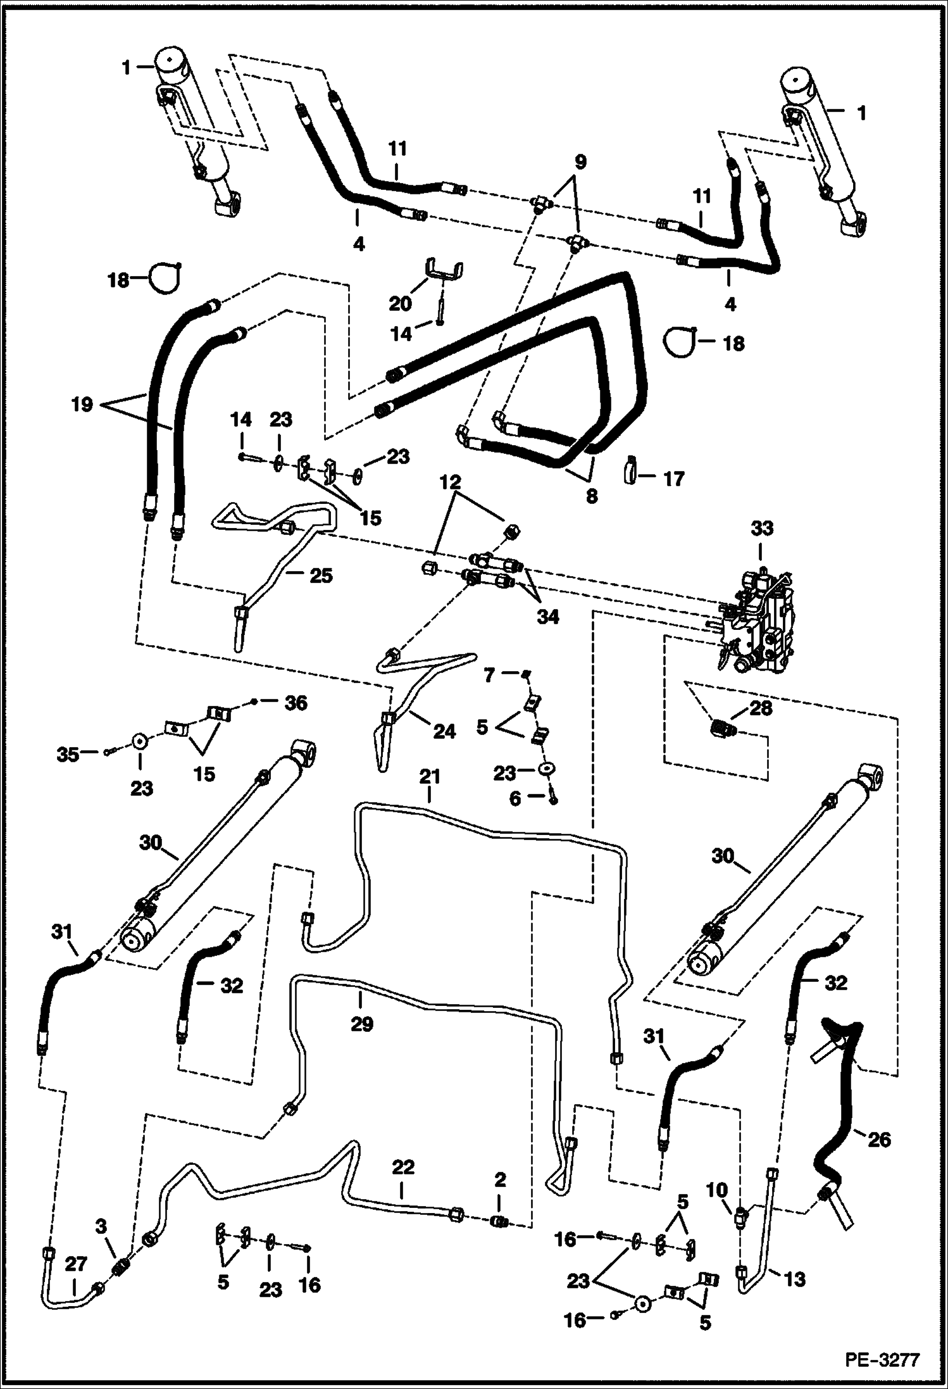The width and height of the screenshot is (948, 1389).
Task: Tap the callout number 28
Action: (x=760, y=708)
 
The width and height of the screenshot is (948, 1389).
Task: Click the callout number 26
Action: (x=878, y=1140)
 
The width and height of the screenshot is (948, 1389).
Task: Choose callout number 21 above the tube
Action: (x=429, y=776)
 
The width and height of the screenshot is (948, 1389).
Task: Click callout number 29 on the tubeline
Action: (x=362, y=1024)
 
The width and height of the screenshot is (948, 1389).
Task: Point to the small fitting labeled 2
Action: (x=500, y=1220)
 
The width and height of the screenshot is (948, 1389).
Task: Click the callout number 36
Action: (x=296, y=702)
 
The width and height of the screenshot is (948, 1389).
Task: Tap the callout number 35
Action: (x=69, y=753)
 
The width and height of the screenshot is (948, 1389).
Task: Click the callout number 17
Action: (x=674, y=479)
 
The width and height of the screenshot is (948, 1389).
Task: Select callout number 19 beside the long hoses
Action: (x=82, y=404)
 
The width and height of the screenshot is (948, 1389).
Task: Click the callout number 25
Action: (x=320, y=575)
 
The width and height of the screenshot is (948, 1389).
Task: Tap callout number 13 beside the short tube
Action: (x=794, y=1279)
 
